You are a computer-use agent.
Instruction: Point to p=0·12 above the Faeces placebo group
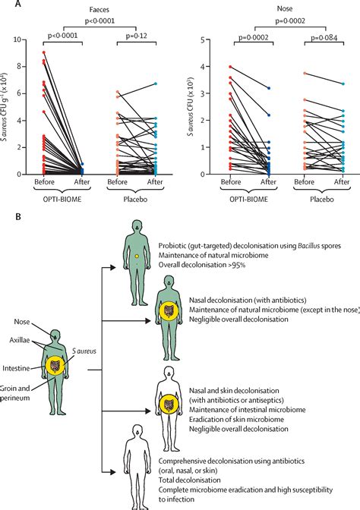[x=135, y=36]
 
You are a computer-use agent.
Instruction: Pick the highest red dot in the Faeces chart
[x=45, y=53]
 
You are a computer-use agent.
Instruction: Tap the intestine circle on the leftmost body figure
[x=55, y=366]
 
